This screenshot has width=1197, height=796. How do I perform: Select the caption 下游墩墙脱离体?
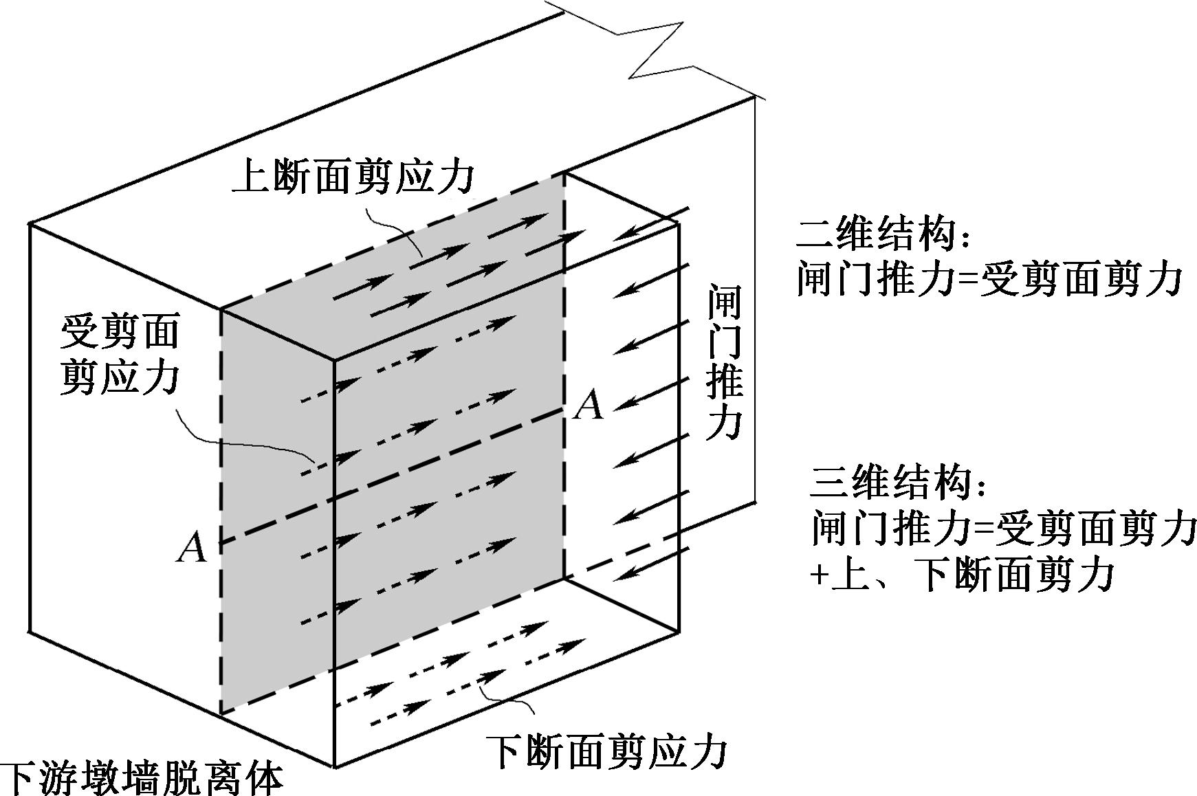pyautogui.click(x=141, y=780)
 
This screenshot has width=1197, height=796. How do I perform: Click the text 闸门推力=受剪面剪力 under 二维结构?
pyautogui.click(x=989, y=279)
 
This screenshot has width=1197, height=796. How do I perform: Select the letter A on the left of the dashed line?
pyautogui.click(x=191, y=548)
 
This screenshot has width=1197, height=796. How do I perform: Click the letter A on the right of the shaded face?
pyautogui.click(x=589, y=405)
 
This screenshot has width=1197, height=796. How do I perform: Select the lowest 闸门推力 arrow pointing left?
pyautogui.click(x=653, y=563)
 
